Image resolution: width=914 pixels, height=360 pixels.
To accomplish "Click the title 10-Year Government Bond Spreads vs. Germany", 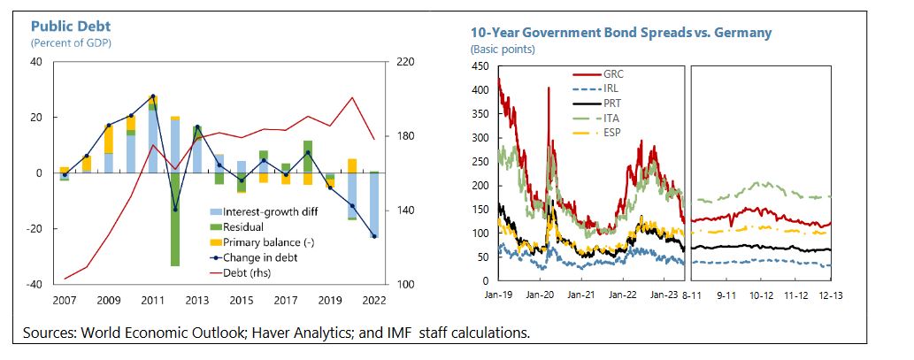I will (620, 33).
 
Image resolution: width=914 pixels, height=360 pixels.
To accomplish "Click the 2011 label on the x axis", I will (152, 301).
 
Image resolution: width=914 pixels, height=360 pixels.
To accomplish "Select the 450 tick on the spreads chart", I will (480, 66).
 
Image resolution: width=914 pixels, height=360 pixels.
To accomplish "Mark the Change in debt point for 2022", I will (374, 236).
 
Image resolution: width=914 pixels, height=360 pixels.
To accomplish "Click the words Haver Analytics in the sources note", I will (277, 333).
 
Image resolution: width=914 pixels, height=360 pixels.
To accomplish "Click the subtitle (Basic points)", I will (498, 49).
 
